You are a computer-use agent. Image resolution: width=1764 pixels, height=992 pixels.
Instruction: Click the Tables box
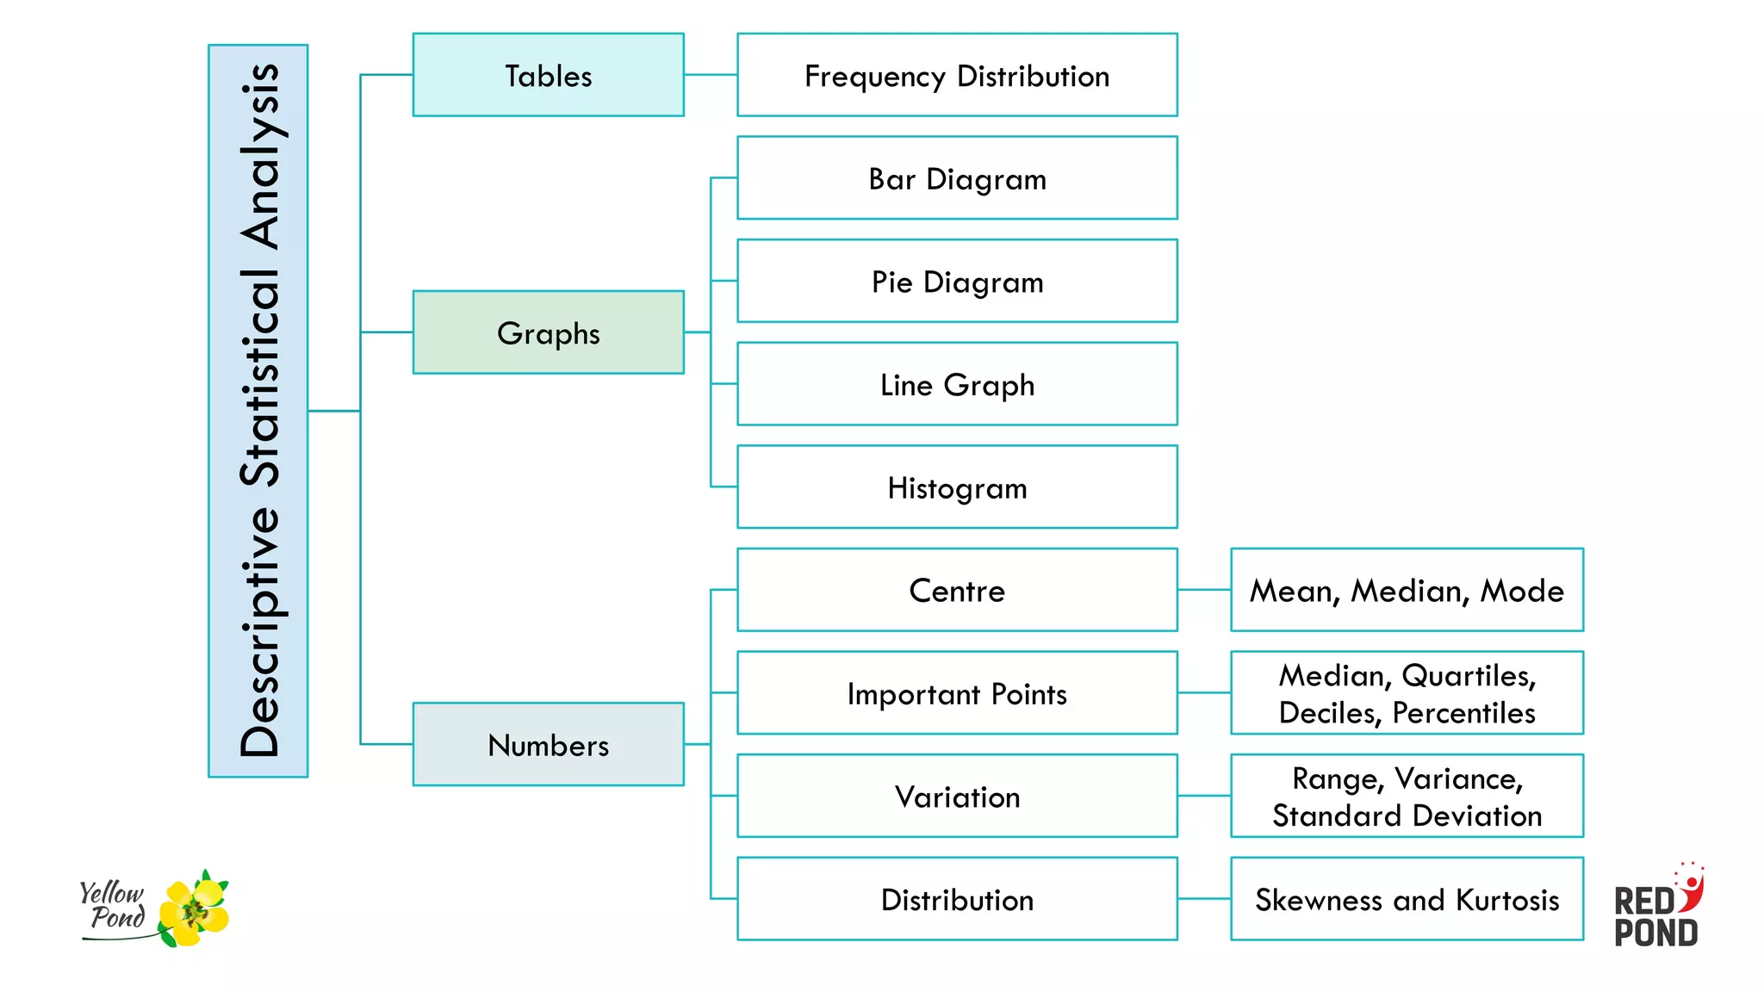548,75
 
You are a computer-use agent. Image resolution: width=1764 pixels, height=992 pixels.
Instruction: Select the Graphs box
548,332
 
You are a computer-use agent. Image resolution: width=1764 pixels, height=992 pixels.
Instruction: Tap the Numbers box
548,744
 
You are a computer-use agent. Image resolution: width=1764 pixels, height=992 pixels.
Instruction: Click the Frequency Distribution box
956,75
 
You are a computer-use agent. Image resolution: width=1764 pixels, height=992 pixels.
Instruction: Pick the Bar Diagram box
956,178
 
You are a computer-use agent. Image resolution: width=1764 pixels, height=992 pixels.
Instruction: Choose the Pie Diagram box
956,281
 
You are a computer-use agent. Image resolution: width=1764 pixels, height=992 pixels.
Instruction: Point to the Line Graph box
956,384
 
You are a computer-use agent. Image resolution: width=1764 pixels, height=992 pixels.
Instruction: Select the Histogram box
956,487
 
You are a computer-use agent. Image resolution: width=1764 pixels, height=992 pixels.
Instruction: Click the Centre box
956,590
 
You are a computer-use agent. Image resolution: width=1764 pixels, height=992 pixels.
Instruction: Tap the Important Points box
956,693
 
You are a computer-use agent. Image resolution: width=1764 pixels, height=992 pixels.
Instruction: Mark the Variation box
956,797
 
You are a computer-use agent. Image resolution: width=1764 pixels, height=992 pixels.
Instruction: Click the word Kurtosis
1507,900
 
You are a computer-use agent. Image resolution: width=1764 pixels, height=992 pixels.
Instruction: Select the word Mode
1522,591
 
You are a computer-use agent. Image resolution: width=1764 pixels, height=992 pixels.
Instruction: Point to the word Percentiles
1463,713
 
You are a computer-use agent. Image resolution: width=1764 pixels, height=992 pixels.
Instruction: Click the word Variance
1458,778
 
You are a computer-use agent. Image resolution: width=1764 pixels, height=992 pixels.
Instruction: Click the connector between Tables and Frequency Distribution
711,75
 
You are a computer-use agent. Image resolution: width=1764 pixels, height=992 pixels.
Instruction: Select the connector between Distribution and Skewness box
1203,899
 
